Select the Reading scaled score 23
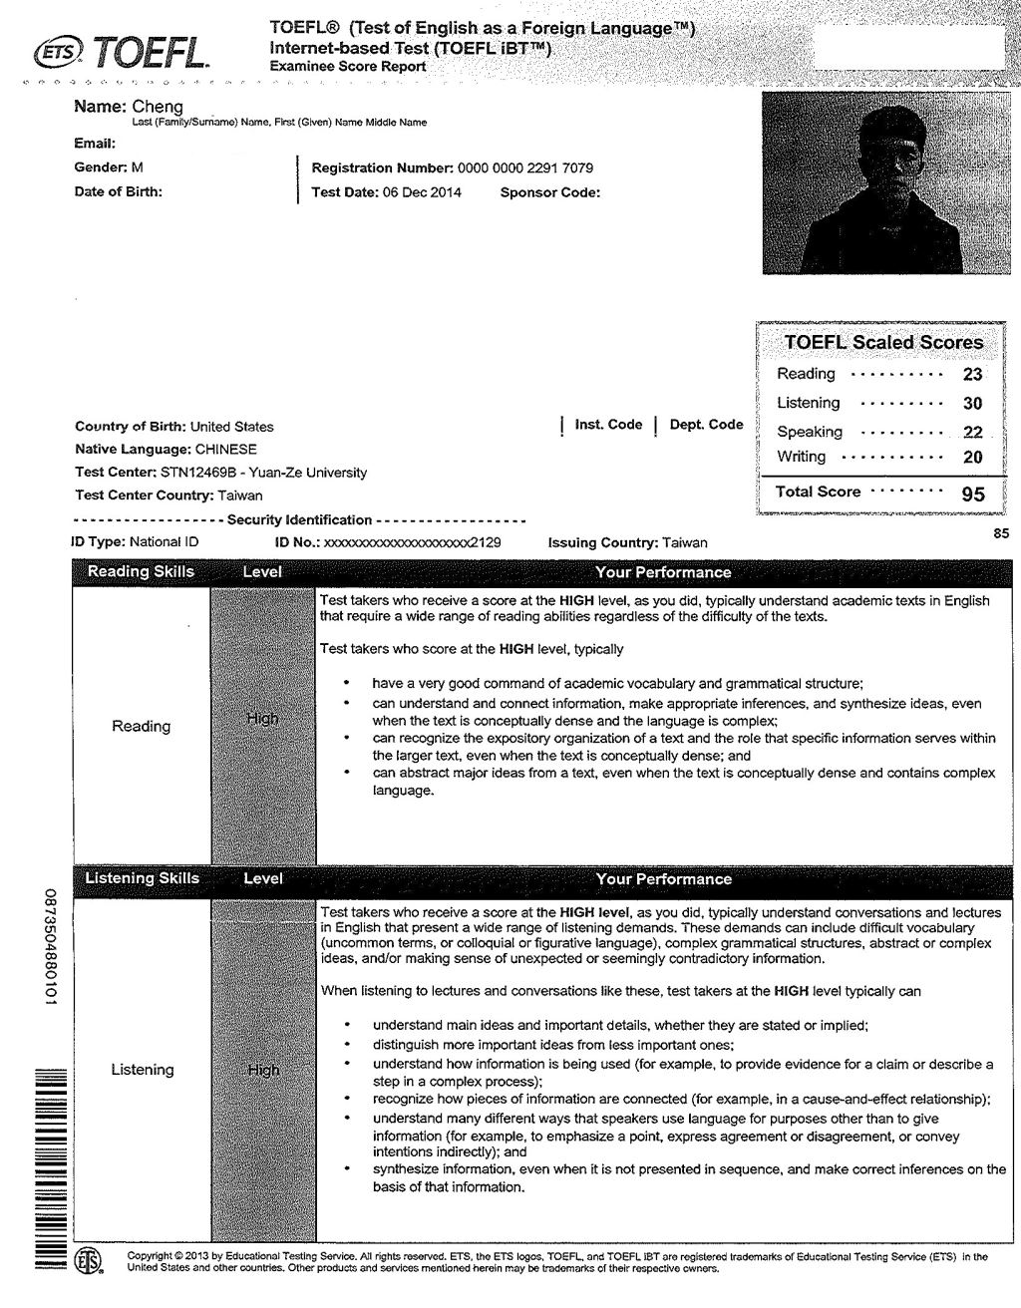coord(972,375)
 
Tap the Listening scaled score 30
coord(972,404)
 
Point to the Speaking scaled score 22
coord(972,433)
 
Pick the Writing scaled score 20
coord(972,458)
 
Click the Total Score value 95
coord(972,493)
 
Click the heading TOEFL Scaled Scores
coord(883,342)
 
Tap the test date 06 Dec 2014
coord(422,192)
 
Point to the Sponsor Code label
coord(549,192)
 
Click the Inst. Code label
coord(608,425)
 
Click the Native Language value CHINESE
coord(225,450)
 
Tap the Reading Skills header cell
coord(141,572)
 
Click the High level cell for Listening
coord(263,1071)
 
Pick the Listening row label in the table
coord(142,1070)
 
